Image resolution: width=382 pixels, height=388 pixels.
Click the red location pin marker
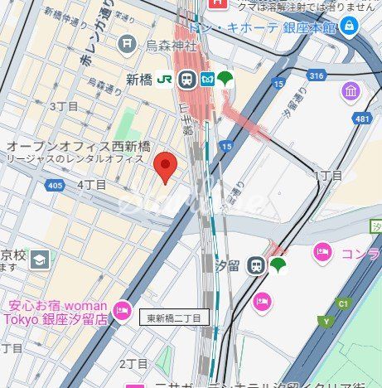pos(167,167)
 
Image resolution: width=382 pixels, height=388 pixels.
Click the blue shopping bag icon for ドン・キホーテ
pos(349,27)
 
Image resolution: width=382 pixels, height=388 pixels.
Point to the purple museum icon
pos(351,90)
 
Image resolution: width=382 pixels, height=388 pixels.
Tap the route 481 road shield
pos(361,119)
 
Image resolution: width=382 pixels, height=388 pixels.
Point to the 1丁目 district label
pos(327,175)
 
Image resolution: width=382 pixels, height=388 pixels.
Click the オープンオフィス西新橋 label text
pos(68,145)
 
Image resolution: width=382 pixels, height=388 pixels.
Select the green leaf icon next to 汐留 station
pos(278,264)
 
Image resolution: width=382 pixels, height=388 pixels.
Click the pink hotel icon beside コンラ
pos(322,252)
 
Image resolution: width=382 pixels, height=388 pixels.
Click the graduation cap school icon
pos(39,260)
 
